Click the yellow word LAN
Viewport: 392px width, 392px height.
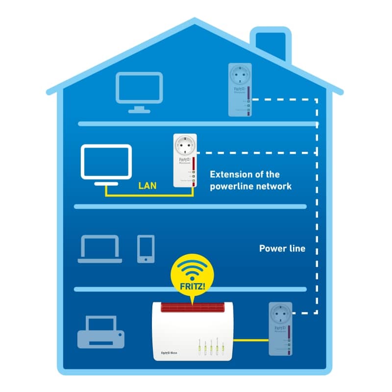(x=148, y=186)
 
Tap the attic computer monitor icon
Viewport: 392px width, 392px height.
(x=139, y=88)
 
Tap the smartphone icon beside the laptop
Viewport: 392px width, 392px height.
(x=146, y=248)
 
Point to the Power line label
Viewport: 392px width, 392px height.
(x=282, y=248)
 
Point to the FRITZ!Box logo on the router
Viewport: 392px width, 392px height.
(x=169, y=352)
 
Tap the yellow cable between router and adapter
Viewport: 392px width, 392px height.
(x=250, y=340)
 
